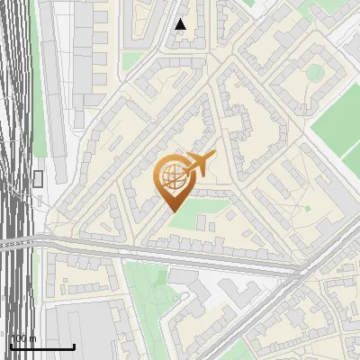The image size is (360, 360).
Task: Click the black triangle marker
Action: tap(181, 24)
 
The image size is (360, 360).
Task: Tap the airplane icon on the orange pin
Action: tap(199, 164)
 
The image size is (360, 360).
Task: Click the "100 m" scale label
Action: tap(23, 338)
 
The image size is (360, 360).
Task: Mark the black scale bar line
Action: tap(42, 346)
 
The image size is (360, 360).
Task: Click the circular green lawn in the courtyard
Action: tap(314, 72)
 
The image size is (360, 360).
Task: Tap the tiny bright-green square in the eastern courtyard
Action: tap(307, 209)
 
